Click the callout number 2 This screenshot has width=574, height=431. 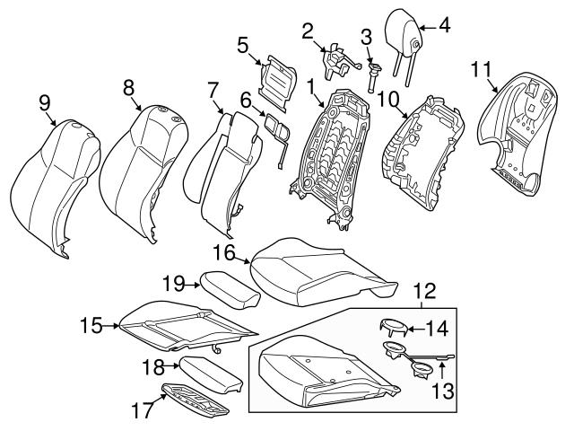pyautogui.click(x=307, y=31)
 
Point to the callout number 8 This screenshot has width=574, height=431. pyautogui.click(x=128, y=86)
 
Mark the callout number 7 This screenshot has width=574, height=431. pyautogui.click(x=213, y=90)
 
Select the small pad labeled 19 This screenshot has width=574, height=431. pyautogui.click(x=225, y=286)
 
